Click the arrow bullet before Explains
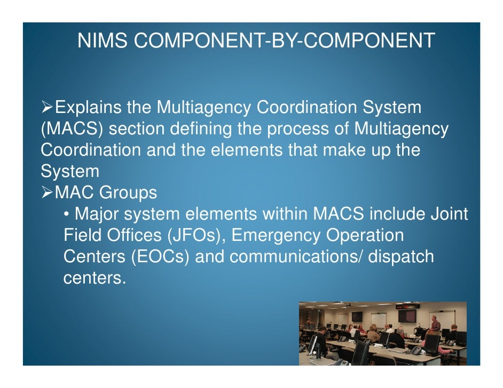point(46,108)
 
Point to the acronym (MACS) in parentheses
point(72,130)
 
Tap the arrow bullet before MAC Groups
point(46,193)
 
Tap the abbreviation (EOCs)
point(160,257)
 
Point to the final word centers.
point(95,278)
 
